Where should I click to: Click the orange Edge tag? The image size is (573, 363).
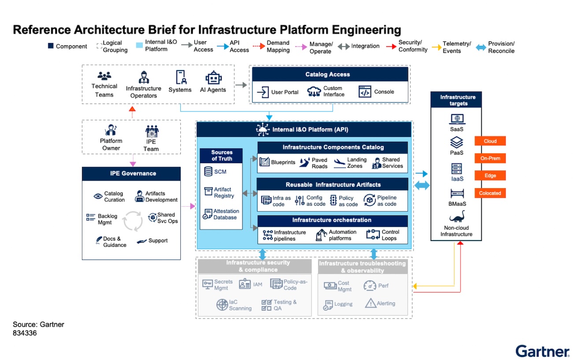490,176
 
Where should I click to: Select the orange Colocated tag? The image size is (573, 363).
490,193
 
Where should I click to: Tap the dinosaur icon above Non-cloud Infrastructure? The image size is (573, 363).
456,217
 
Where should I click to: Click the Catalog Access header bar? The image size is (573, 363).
327,74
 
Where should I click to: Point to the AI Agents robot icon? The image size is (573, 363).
213,78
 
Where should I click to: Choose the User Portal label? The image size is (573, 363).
285,92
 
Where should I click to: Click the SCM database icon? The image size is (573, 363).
208,171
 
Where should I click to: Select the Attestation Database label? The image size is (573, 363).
226,215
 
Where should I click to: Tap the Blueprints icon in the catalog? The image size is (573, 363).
264,162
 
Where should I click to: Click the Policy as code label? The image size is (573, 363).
348,201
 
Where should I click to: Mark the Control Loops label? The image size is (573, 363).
391,235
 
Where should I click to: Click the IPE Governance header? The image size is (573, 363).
131,174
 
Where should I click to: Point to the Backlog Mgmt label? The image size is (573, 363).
108,219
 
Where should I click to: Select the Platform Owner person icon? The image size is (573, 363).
111,130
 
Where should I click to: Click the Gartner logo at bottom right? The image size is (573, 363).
542,351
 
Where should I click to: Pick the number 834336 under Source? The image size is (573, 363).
25,333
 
